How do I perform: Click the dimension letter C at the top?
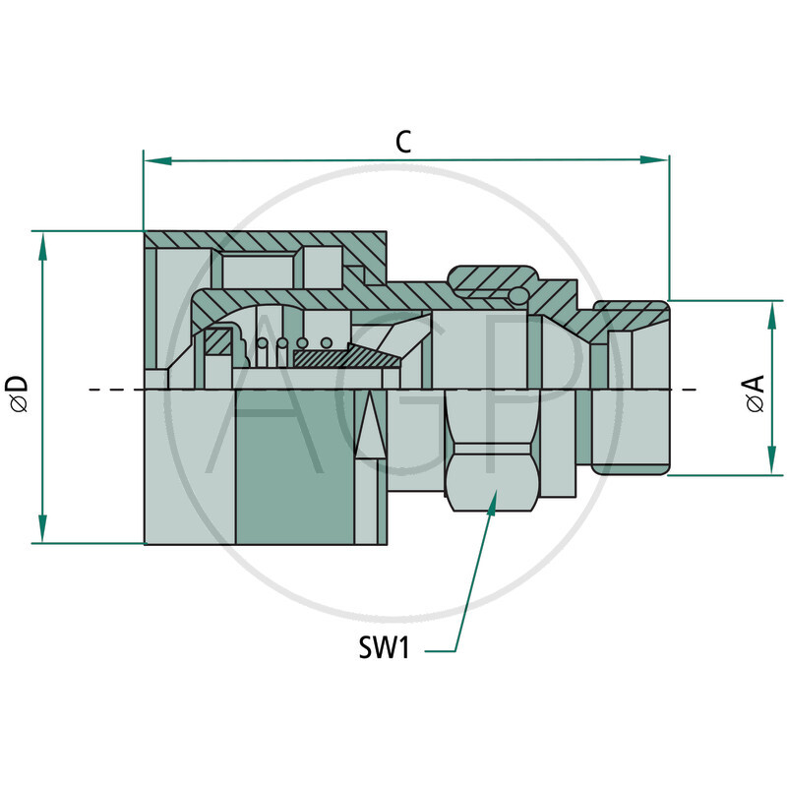click(403, 142)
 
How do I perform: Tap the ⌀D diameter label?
click(17, 391)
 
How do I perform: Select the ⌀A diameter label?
click(756, 391)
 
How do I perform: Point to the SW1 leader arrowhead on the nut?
click(491, 503)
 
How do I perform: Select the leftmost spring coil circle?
click(262, 343)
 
